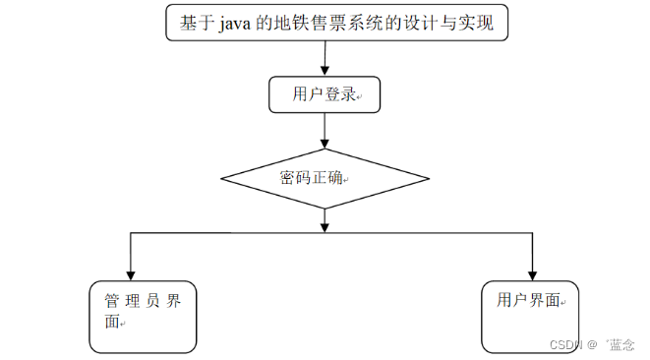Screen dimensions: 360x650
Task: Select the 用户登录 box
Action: pos(325,94)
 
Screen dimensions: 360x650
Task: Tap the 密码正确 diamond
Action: pos(325,179)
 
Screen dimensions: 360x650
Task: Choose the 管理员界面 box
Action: pos(142,317)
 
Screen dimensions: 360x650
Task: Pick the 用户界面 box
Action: pos(531,315)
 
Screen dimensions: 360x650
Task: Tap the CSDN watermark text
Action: pos(568,344)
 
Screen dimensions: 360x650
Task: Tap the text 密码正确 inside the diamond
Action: pos(313,179)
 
